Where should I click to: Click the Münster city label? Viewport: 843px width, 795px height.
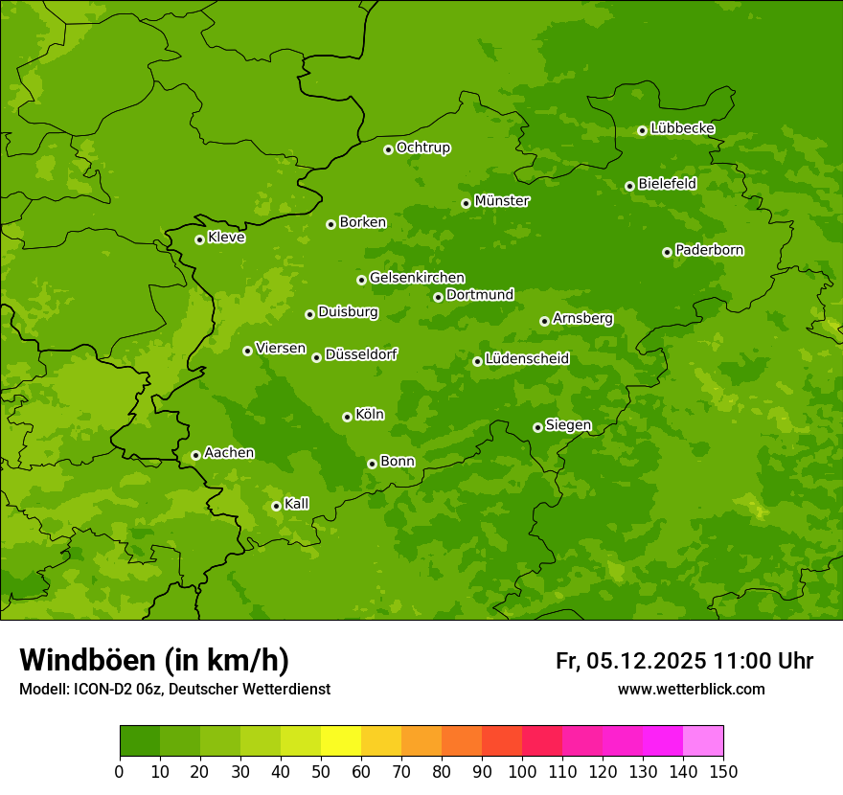(x=501, y=201)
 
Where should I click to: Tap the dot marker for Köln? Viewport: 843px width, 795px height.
(x=347, y=417)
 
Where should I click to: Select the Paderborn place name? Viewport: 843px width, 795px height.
(x=709, y=250)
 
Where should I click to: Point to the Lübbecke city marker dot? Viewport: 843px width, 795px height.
(x=642, y=130)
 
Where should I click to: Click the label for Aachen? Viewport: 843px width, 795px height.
(x=229, y=453)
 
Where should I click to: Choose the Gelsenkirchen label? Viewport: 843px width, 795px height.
(x=417, y=278)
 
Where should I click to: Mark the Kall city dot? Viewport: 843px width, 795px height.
(x=276, y=506)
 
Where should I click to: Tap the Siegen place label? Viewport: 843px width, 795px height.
(x=568, y=425)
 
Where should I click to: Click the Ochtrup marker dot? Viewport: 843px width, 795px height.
(x=388, y=148)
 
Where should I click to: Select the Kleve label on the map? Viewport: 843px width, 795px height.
(x=226, y=238)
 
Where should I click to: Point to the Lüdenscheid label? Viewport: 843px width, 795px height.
(x=527, y=359)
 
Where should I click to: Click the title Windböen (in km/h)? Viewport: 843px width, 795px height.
(x=154, y=660)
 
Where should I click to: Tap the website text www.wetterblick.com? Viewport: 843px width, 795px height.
(x=691, y=690)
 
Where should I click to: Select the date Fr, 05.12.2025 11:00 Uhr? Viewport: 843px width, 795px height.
(x=684, y=661)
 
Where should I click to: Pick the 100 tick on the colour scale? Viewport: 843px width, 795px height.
(x=522, y=771)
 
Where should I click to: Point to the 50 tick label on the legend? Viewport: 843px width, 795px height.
(x=321, y=771)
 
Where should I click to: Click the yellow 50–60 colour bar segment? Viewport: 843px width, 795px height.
(x=341, y=741)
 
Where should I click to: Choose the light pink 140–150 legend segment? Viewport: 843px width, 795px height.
(x=703, y=741)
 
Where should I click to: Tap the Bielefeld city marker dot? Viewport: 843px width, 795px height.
(x=629, y=186)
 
